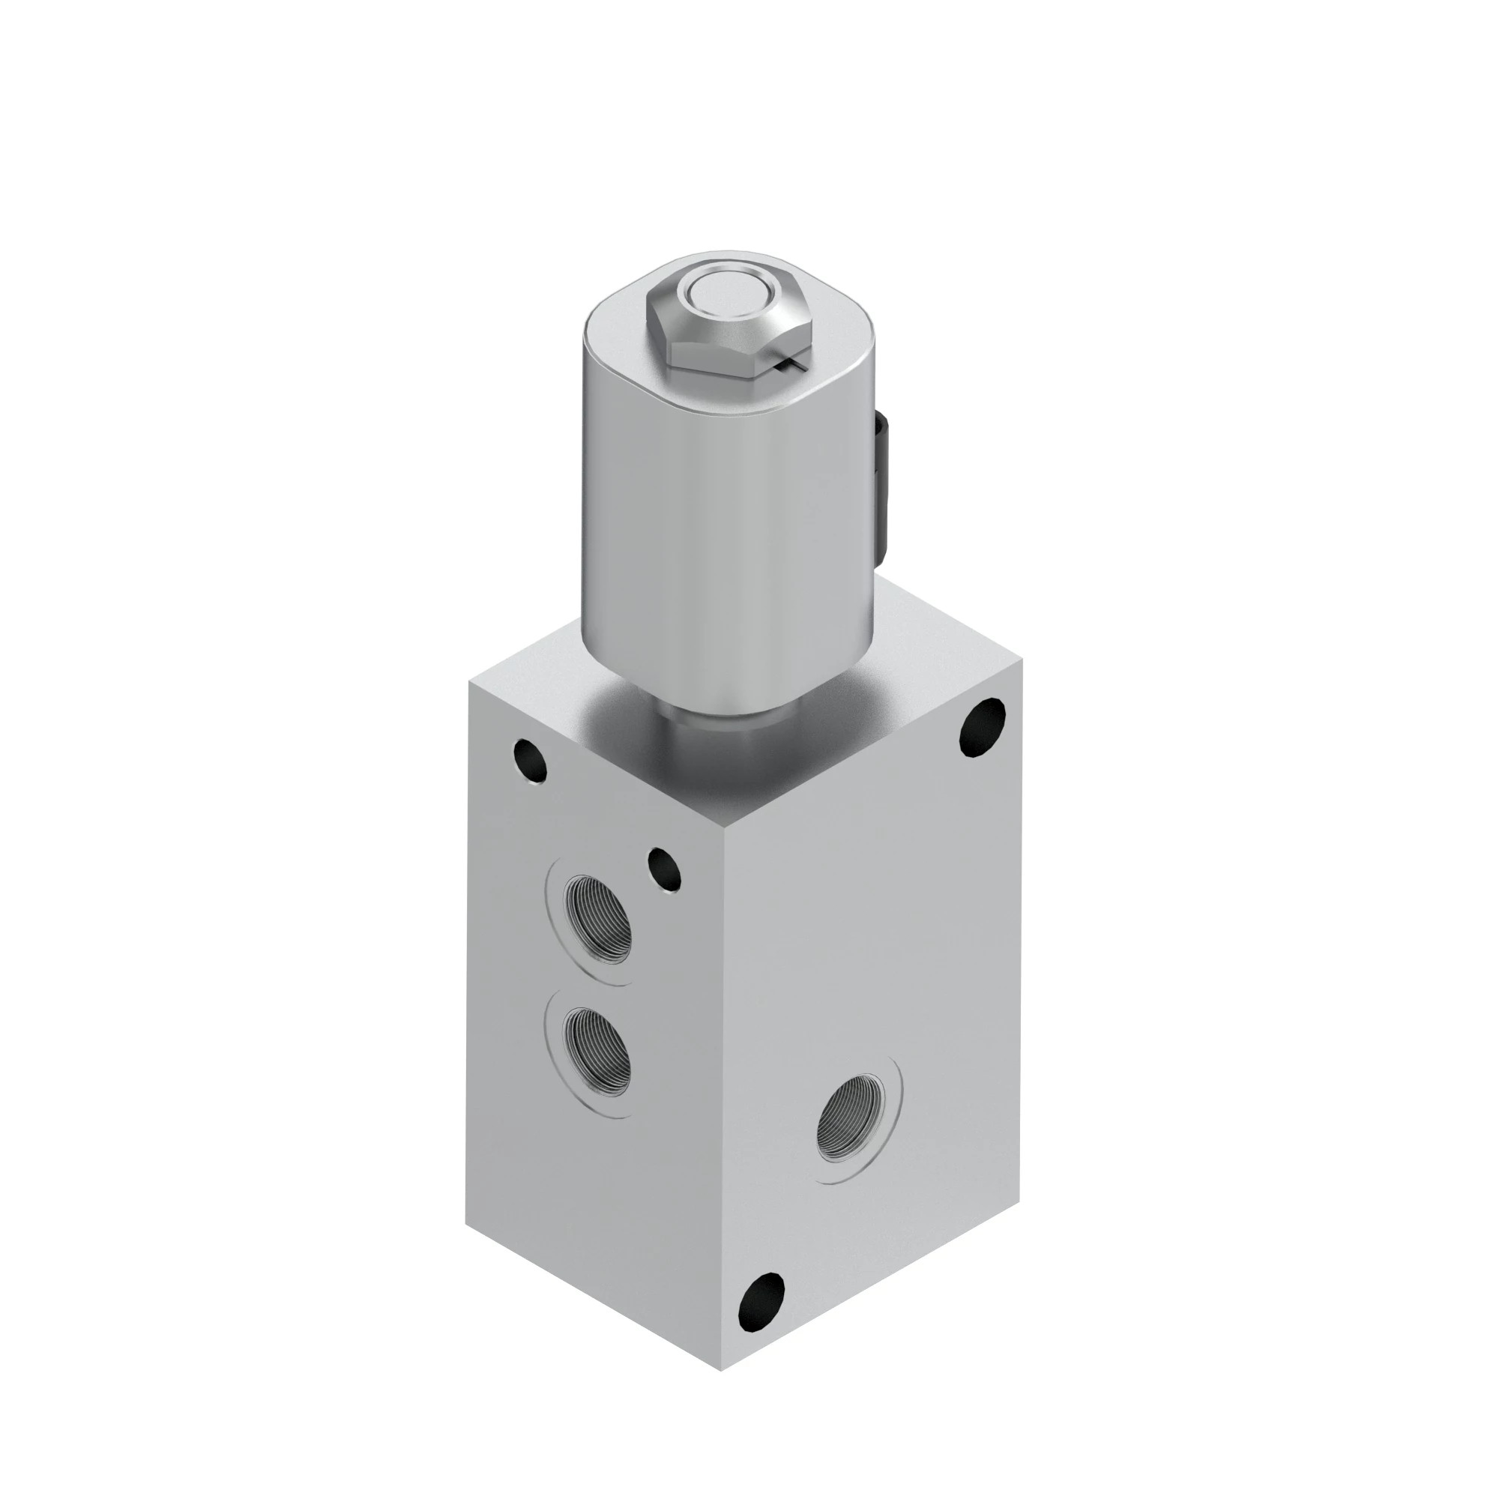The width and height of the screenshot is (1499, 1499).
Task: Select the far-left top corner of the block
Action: click(x=468, y=681)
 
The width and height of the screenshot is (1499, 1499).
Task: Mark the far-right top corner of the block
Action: click(x=1022, y=658)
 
